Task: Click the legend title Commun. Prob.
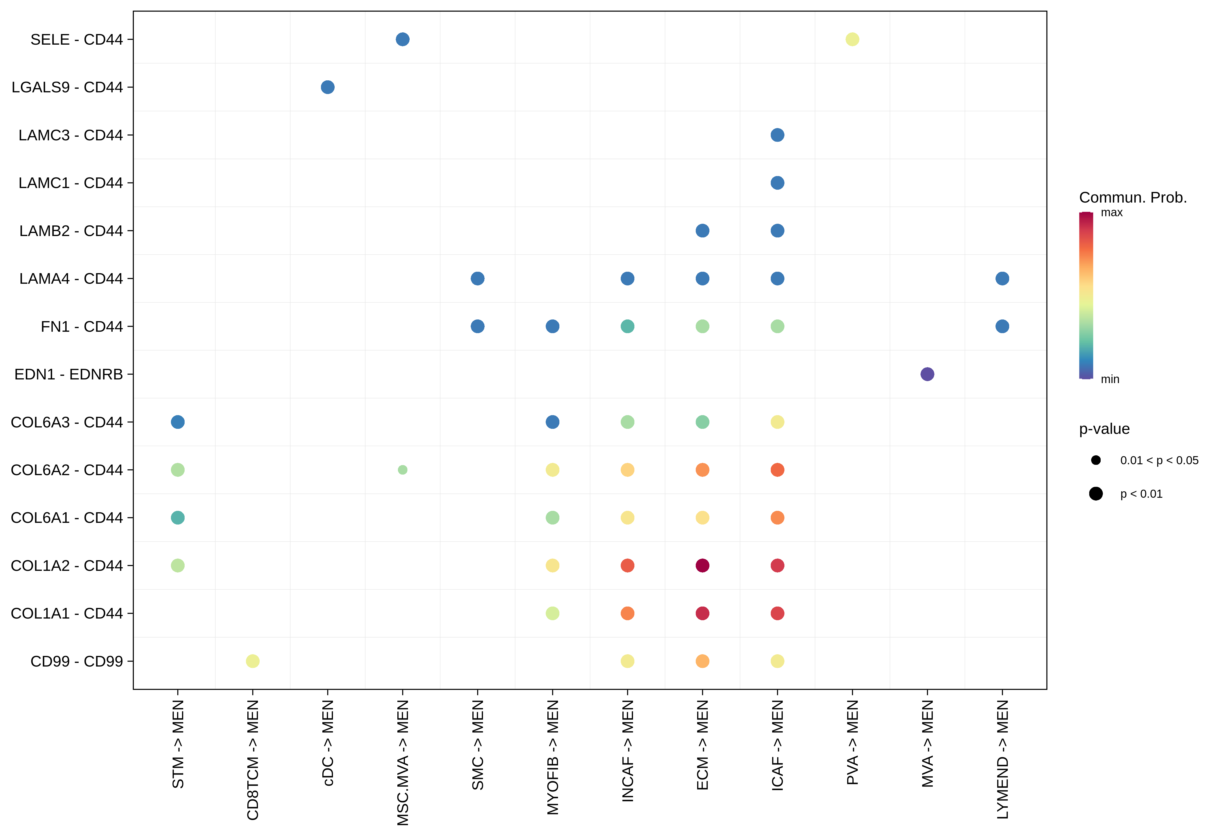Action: [1133, 198]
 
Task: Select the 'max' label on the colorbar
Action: [1111, 213]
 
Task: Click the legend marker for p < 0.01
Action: [1096, 494]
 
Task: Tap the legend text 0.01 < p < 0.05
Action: [1159, 461]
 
